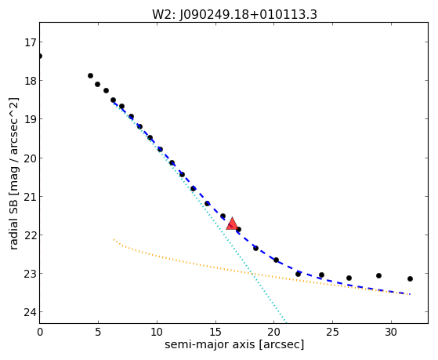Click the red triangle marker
tap(232, 224)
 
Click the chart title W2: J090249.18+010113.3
tap(234, 14)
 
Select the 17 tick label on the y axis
tap(30, 42)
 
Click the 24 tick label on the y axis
tap(30, 312)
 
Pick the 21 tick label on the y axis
tap(30, 197)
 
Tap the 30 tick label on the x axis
tap(391, 332)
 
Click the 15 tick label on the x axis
tap(215, 332)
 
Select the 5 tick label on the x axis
tap(98, 332)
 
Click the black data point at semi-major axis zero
tap(40, 56)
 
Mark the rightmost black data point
tap(410, 278)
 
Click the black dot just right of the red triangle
tap(238, 229)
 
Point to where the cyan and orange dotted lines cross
tap(252, 273)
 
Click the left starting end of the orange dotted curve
tap(114, 239)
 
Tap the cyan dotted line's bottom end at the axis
tap(286, 322)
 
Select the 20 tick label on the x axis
tap(274, 332)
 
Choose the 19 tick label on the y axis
tap(30, 119)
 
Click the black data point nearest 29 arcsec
tap(378, 275)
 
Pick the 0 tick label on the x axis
tap(40, 332)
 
